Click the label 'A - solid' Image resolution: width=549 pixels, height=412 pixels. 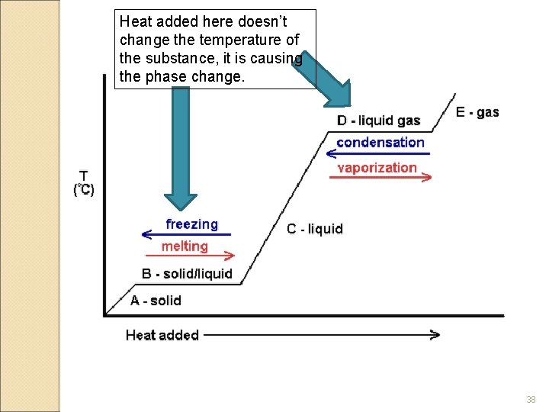click(x=156, y=301)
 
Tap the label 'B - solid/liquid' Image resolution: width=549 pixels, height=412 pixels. click(x=187, y=274)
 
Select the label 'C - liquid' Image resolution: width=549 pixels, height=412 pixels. click(x=315, y=229)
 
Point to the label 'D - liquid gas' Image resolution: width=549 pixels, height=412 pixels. click(x=378, y=121)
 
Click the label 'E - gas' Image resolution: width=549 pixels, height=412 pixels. click(x=477, y=112)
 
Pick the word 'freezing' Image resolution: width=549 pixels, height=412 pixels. click(x=191, y=224)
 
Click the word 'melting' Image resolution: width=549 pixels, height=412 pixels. click(x=185, y=246)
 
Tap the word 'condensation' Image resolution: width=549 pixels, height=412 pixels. click(x=380, y=143)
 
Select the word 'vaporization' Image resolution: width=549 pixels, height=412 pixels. click(x=377, y=168)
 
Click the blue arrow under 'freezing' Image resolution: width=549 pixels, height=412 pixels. click(x=186, y=235)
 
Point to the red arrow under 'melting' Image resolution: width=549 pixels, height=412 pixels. click(x=197, y=256)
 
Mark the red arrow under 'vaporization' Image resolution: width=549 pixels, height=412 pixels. click(x=380, y=177)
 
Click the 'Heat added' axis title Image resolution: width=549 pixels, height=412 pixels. click(x=162, y=335)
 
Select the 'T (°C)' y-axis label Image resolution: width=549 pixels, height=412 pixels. click(x=84, y=184)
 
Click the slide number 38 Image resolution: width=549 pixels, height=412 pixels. click(x=531, y=400)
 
